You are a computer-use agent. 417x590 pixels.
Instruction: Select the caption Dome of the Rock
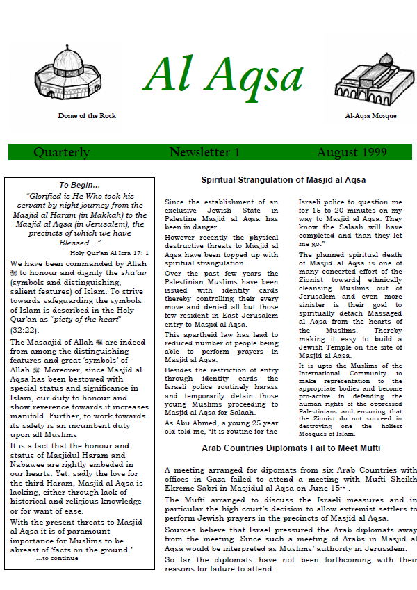coord(87,115)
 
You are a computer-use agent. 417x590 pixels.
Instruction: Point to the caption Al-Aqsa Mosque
coord(370,116)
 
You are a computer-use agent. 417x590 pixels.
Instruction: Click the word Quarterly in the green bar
coord(62,152)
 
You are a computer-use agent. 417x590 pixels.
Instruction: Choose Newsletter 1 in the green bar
coord(204,152)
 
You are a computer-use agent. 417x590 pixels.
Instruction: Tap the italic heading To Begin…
coord(79,185)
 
